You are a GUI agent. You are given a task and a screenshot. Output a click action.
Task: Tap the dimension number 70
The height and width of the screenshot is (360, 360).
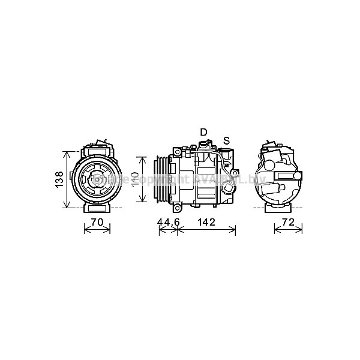point(97,223)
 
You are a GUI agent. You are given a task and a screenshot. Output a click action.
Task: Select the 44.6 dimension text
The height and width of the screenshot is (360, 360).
point(168,223)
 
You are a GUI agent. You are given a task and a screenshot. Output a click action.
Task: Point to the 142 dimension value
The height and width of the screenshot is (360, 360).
point(206,223)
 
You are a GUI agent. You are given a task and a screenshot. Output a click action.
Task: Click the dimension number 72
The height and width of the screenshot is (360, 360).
point(288,223)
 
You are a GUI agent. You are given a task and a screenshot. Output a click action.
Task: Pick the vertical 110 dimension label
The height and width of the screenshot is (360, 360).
point(135,179)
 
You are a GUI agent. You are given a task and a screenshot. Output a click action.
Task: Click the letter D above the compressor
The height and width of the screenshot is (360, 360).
point(203,132)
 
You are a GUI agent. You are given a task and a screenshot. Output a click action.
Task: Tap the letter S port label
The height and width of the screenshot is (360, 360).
point(226,141)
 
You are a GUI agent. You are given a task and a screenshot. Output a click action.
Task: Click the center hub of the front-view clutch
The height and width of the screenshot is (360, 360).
point(96,179)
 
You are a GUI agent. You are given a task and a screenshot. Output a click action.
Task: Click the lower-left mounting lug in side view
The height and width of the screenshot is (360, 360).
point(177,209)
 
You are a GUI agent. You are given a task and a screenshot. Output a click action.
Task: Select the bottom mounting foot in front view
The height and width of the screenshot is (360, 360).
point(97,208)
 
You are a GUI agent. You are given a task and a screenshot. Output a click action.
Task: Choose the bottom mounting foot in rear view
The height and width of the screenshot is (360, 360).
point(277,208)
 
